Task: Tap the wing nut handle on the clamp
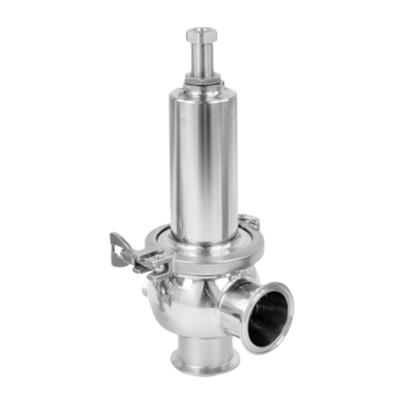(x=129, y=246)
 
